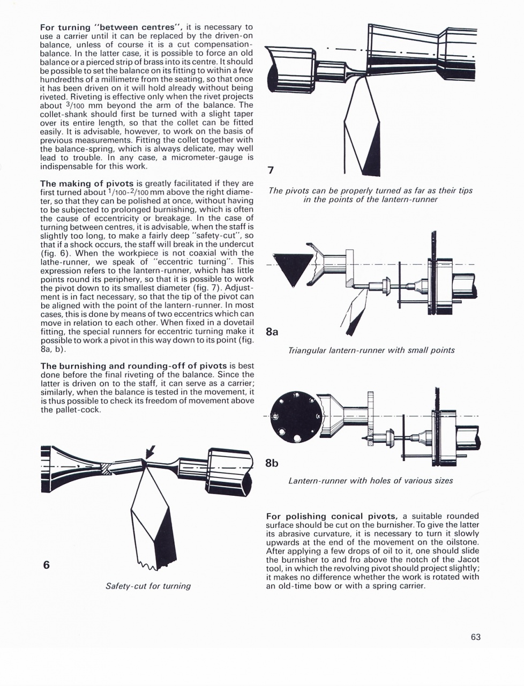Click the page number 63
tap(476, 637)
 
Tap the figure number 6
tap(46, 564)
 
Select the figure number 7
tap(271, 170)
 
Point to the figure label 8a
tap(272, 332)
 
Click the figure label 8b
tap(272, 463)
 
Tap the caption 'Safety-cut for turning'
tap(148, 586)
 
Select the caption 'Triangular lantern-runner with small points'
tap(371, 350)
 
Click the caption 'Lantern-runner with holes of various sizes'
tap(370, 480)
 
